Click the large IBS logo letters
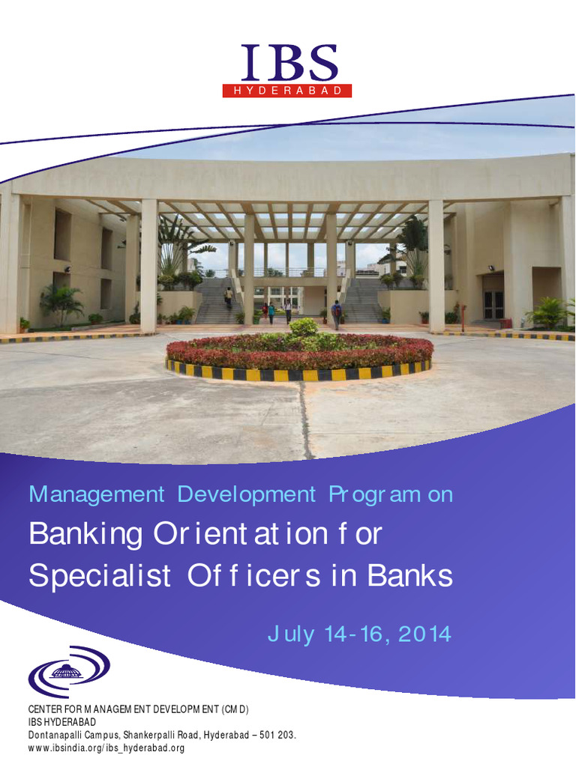coord(288,63)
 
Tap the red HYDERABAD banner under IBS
coord(287,91)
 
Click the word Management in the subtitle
coord(96,495)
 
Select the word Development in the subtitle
coord(247,495)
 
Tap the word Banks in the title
coord(410,576)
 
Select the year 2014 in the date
coord(424,635)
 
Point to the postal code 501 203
coord(277,735)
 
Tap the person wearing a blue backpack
coord(336,312)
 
